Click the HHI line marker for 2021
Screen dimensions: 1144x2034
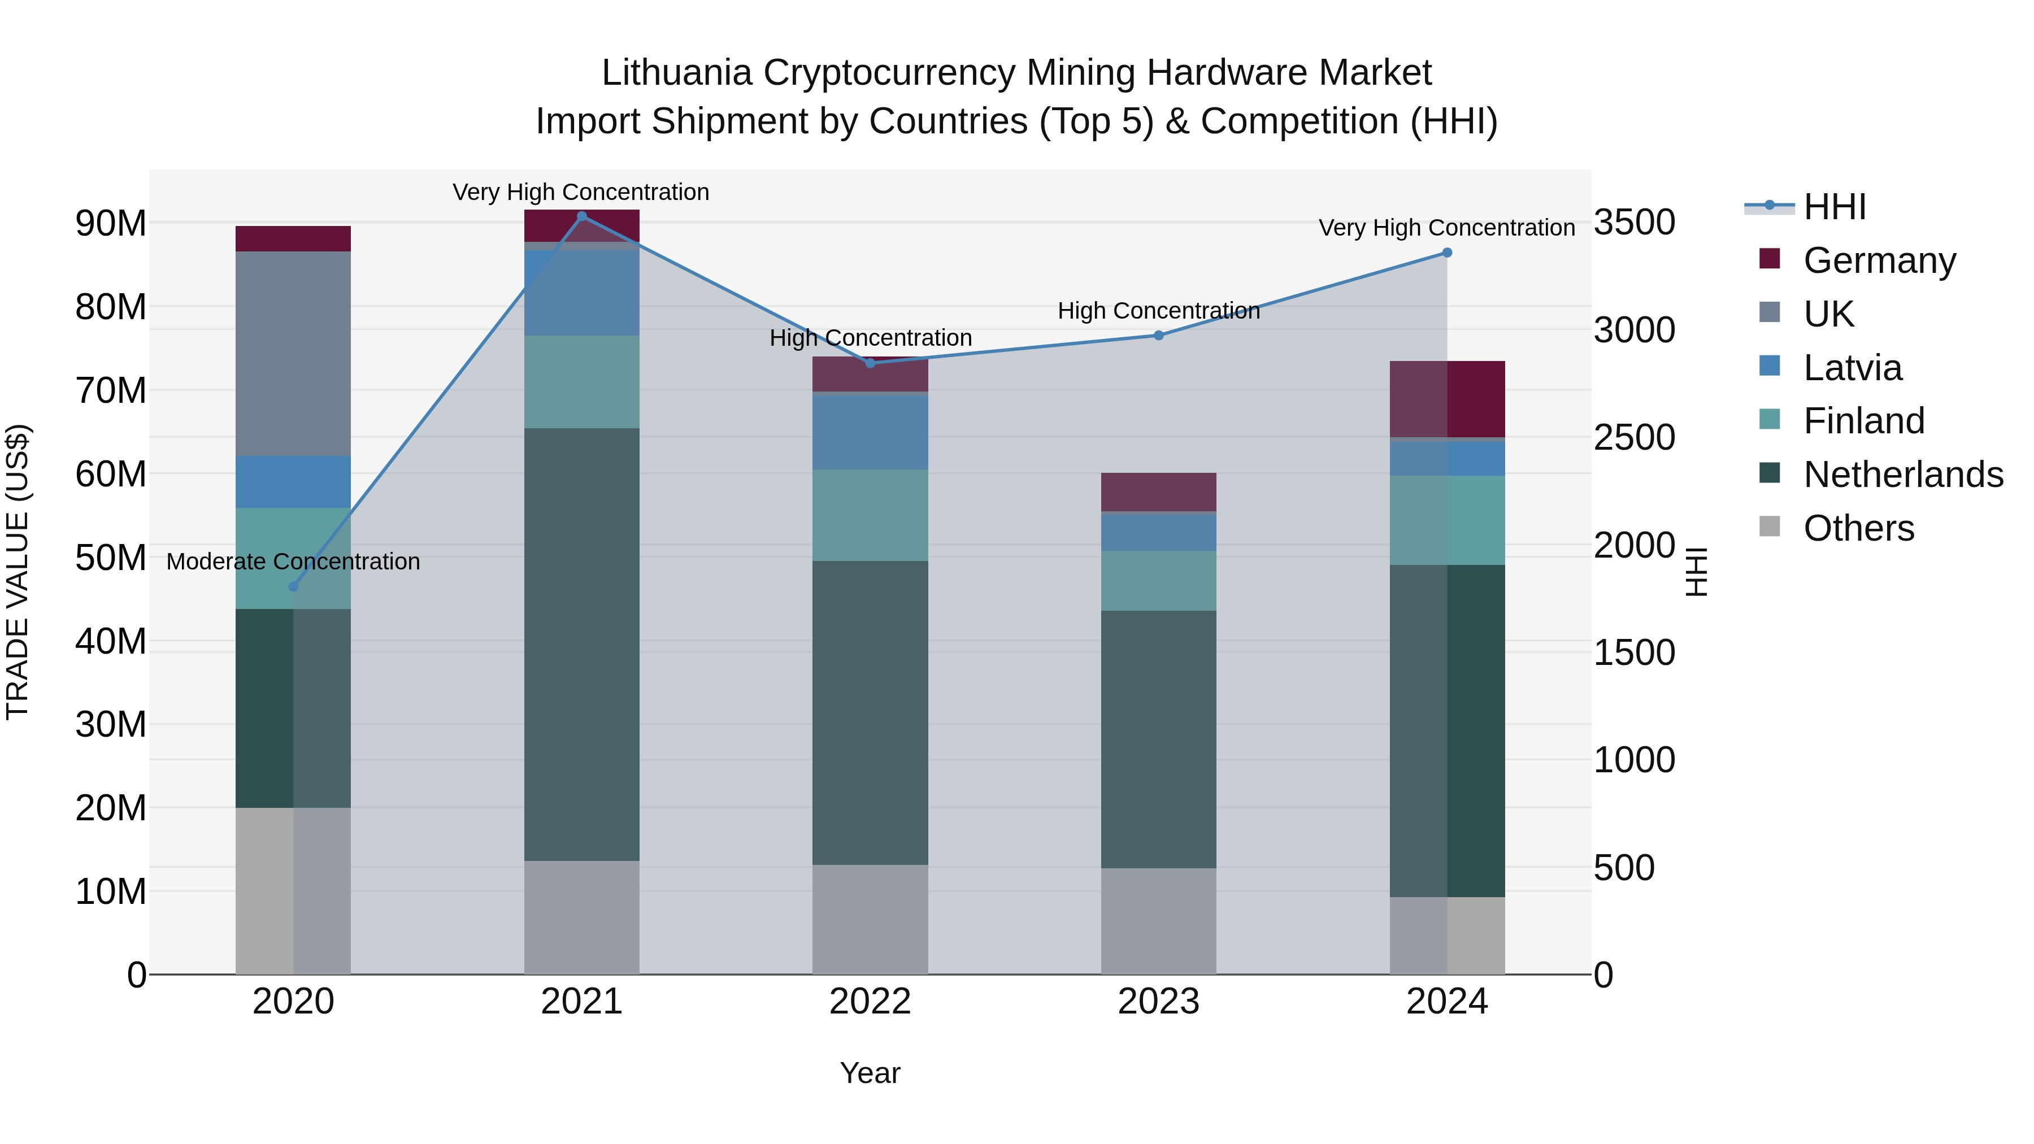pyautogui.click(x=582, y=216)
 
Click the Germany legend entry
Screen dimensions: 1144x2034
pyautogui.click(x=1879, y=260)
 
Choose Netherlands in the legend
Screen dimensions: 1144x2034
pyautogui.click(x=1903, y=475)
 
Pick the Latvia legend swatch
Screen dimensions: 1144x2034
pyautogui.click(x=1770, y=366)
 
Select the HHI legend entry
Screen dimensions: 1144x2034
pyautogui.click(x=1834, y=207)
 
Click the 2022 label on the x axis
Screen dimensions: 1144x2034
pyautogui.click(x=870, y=1002)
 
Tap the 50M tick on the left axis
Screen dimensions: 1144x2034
pyautogui.click(x=111, y=558)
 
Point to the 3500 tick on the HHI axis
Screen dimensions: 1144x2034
pyautogui.click(x=1633, y=223)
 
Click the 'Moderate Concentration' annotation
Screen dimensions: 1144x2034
pyautogui.click(x=293, y=562)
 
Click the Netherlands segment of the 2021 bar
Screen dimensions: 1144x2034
pyautogui.click(x=582, y=643)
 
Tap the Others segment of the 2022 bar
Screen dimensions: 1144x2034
pyautogui.click(x=870, y=919)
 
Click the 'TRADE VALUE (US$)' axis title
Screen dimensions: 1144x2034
pyautogui.click(x=18, y=572)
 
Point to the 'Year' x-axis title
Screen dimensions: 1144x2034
pyautogui.click(x=870, y=1073)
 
